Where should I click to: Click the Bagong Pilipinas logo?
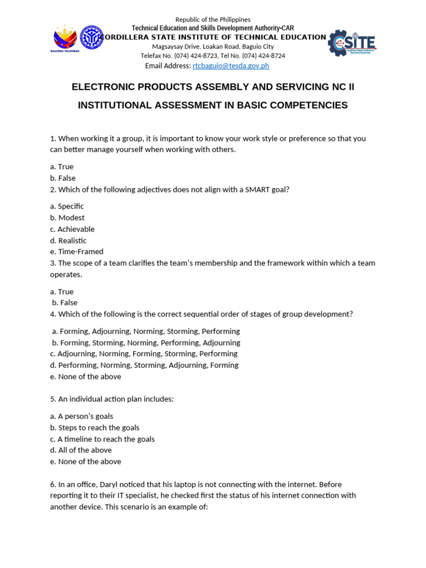66,39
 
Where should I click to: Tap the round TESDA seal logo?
92,38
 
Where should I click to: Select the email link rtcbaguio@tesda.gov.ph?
231,65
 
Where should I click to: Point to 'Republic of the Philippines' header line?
213,19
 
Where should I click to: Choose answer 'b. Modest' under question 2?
67,217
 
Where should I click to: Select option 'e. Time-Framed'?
77,251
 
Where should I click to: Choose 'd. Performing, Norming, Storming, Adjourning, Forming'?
144,365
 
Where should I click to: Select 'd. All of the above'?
81,450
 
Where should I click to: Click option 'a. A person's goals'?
82,416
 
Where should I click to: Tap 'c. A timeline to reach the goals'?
102,439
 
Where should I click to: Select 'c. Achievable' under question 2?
72,229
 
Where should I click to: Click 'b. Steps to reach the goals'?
95,428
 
